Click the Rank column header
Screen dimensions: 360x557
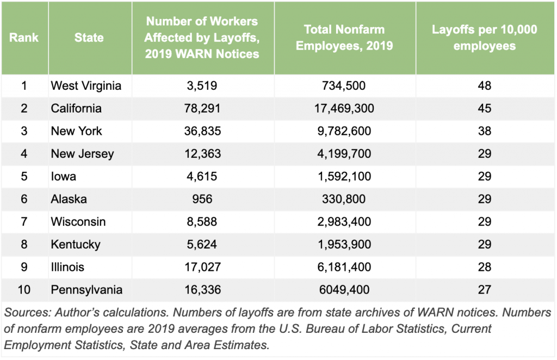[x=24, y=38]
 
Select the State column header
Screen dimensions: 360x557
[x=90, y=38]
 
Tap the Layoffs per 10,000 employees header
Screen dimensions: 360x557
[x=484, y=38]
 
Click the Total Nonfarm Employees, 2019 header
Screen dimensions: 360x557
[x=344, y=38]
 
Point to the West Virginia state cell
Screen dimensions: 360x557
[x=86, y=86]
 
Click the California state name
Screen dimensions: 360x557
[x=76, y=108]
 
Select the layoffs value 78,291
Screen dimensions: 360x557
[x=202, y=108]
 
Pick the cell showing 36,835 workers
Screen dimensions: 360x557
[x=202, y=131]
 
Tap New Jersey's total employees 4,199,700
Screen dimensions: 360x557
[x=344, y=154]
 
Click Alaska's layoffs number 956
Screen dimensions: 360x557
[x=202, y=199]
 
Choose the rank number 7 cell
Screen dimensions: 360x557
[x=24, y=222]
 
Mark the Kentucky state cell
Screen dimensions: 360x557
[x=76, y=245]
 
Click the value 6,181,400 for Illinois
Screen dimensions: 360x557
[x=344, y=267]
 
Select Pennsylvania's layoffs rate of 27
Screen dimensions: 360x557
[x=484, y=290]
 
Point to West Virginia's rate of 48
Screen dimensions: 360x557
[x=484, y=86]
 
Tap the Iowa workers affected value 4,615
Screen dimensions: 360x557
[x=202, y=176]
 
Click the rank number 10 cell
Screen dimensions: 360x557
[x=24, y=290]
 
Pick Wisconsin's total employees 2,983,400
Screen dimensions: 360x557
[x=344, y=222]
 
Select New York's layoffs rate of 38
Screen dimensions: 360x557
[x=484, y=131]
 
